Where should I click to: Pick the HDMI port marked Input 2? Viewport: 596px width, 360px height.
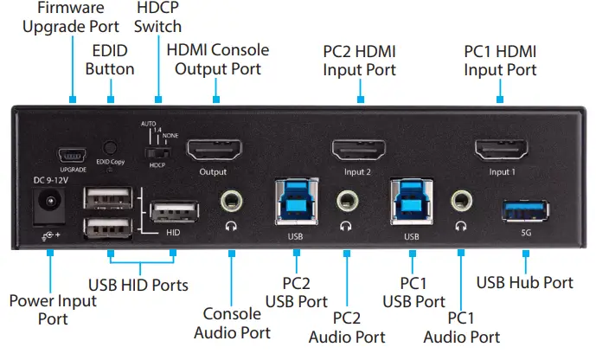[x=358, y=151]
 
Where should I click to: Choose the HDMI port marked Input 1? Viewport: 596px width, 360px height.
[x=501, y=151]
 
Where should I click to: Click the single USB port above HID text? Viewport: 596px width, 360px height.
[x=173, y=213]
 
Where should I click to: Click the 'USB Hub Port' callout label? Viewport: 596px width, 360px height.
[x=524, y=282]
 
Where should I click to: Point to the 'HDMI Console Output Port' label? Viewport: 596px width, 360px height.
[x=217, y=59]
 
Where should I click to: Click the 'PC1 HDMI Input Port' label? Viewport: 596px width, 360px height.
[x=500, y=59]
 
